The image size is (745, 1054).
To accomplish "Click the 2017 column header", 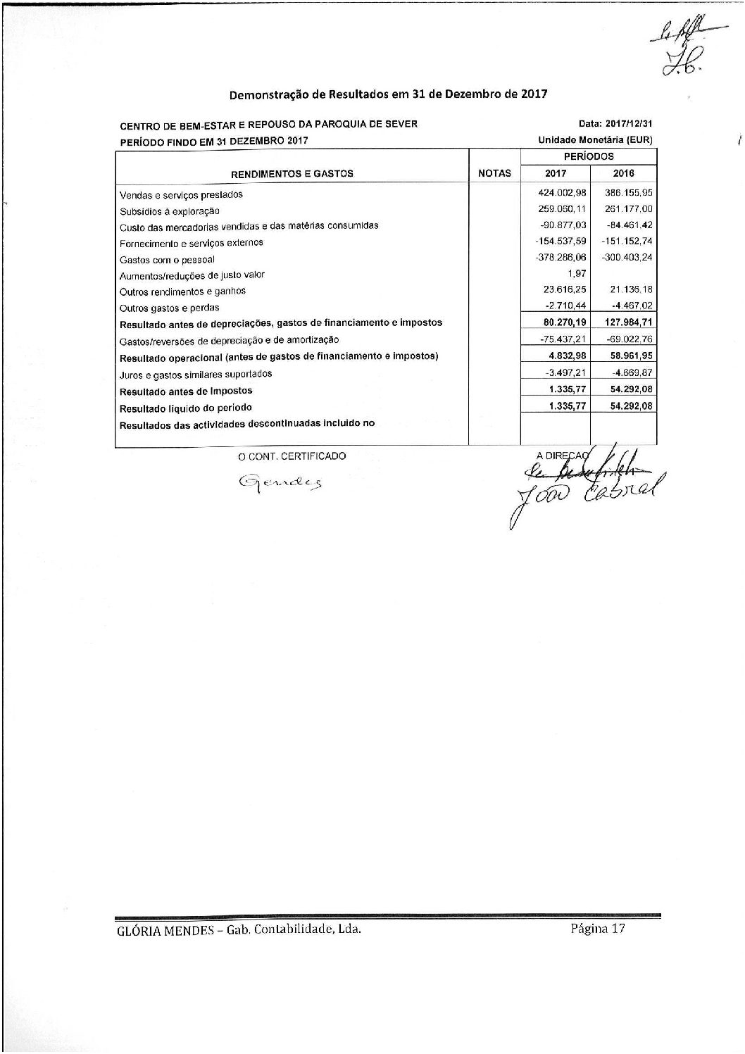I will (x=555, y=173).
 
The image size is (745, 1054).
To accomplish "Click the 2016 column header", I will (x=623, y=173).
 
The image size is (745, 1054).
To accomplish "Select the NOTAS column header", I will (x=494, y=173).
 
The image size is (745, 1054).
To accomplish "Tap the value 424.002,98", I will (x=561, y=194).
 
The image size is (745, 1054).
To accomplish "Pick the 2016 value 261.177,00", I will (x=628, y=209).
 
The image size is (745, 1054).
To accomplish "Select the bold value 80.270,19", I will (x=562, y=322).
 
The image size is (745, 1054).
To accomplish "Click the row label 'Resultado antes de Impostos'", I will (x=186, y=391).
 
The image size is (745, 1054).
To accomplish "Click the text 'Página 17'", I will (x=598, y=928).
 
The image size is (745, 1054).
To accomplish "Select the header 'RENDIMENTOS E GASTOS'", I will (x=292, y=173).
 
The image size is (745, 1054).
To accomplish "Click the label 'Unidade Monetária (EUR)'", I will (x=595, y=140).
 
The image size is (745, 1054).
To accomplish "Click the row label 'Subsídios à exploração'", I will (x=170, y=211).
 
